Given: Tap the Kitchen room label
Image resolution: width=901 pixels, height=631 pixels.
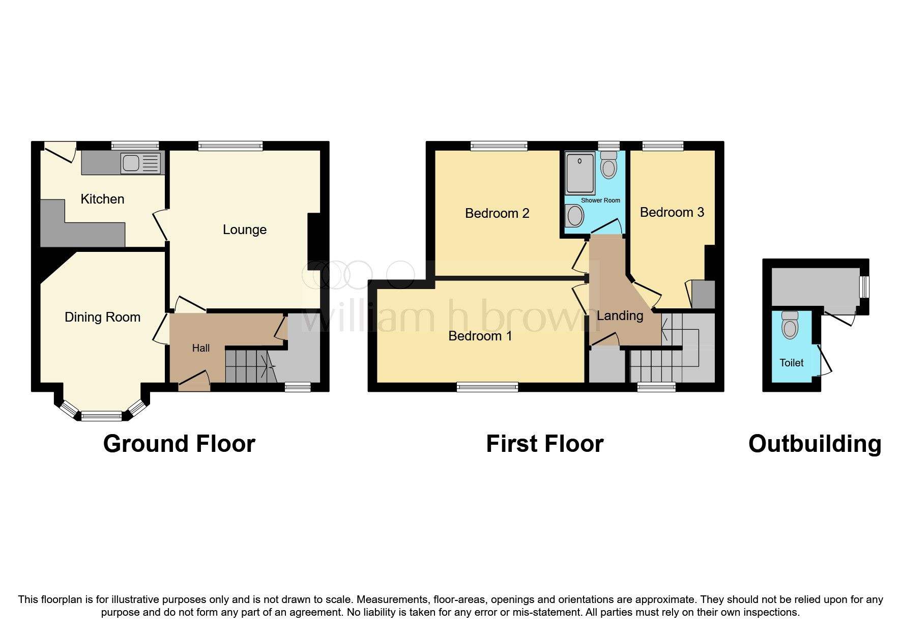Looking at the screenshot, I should pyautogui.click(x=102, y=199).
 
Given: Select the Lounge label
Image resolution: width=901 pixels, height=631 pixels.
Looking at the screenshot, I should pyautogui.click(x=244, y=230).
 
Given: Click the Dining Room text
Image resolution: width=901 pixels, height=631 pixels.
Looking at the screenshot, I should pyautogui.click(x=102, y=317).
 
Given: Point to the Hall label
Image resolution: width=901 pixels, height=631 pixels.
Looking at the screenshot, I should pyautogui.click(x=200, y=348).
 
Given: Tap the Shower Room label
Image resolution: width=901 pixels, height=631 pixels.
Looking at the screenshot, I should pyautogui.click(x=600, y=200).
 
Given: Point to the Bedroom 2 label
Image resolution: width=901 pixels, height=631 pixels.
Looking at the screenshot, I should pyautogui.click(x=497, y=213).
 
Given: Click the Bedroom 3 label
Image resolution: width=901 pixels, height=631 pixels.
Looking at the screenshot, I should pyautogui.click(x=672, y=212).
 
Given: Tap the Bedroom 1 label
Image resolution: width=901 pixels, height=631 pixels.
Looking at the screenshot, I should pyautogui.click(x=480, y=336).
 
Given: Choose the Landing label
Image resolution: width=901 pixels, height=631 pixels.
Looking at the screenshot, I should pyautogui.click(x=620, y=315).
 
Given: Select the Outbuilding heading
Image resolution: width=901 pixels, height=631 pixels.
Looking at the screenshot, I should pyautogui.click(x=815, y=444).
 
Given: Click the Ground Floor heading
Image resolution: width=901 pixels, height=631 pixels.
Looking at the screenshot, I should pyautogui.click(x=179, y=444).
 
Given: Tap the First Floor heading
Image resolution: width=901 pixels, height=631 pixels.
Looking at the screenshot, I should pyautogui.click(x=544, y=444).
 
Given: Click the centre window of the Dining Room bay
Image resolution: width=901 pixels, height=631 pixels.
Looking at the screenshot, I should pyautogui.click(x=102, y=416).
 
